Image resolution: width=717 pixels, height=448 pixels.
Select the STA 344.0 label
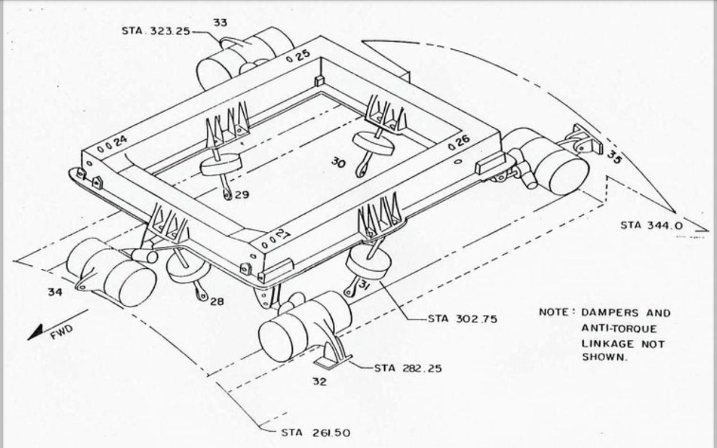pyautogui.click(x=648, y=225)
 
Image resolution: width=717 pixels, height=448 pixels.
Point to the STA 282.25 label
pyautogui.click(x=408, y=368)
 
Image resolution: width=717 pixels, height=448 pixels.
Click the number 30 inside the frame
pyautogui.click(x=338, y=162)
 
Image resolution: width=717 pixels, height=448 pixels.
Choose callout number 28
pyautogui.click(x=216, y=302)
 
